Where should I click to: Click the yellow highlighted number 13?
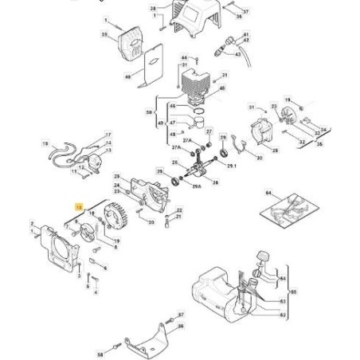[x=79, y=206]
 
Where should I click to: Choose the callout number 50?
[x=150, y=113]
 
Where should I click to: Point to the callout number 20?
[x=151, y=223]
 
